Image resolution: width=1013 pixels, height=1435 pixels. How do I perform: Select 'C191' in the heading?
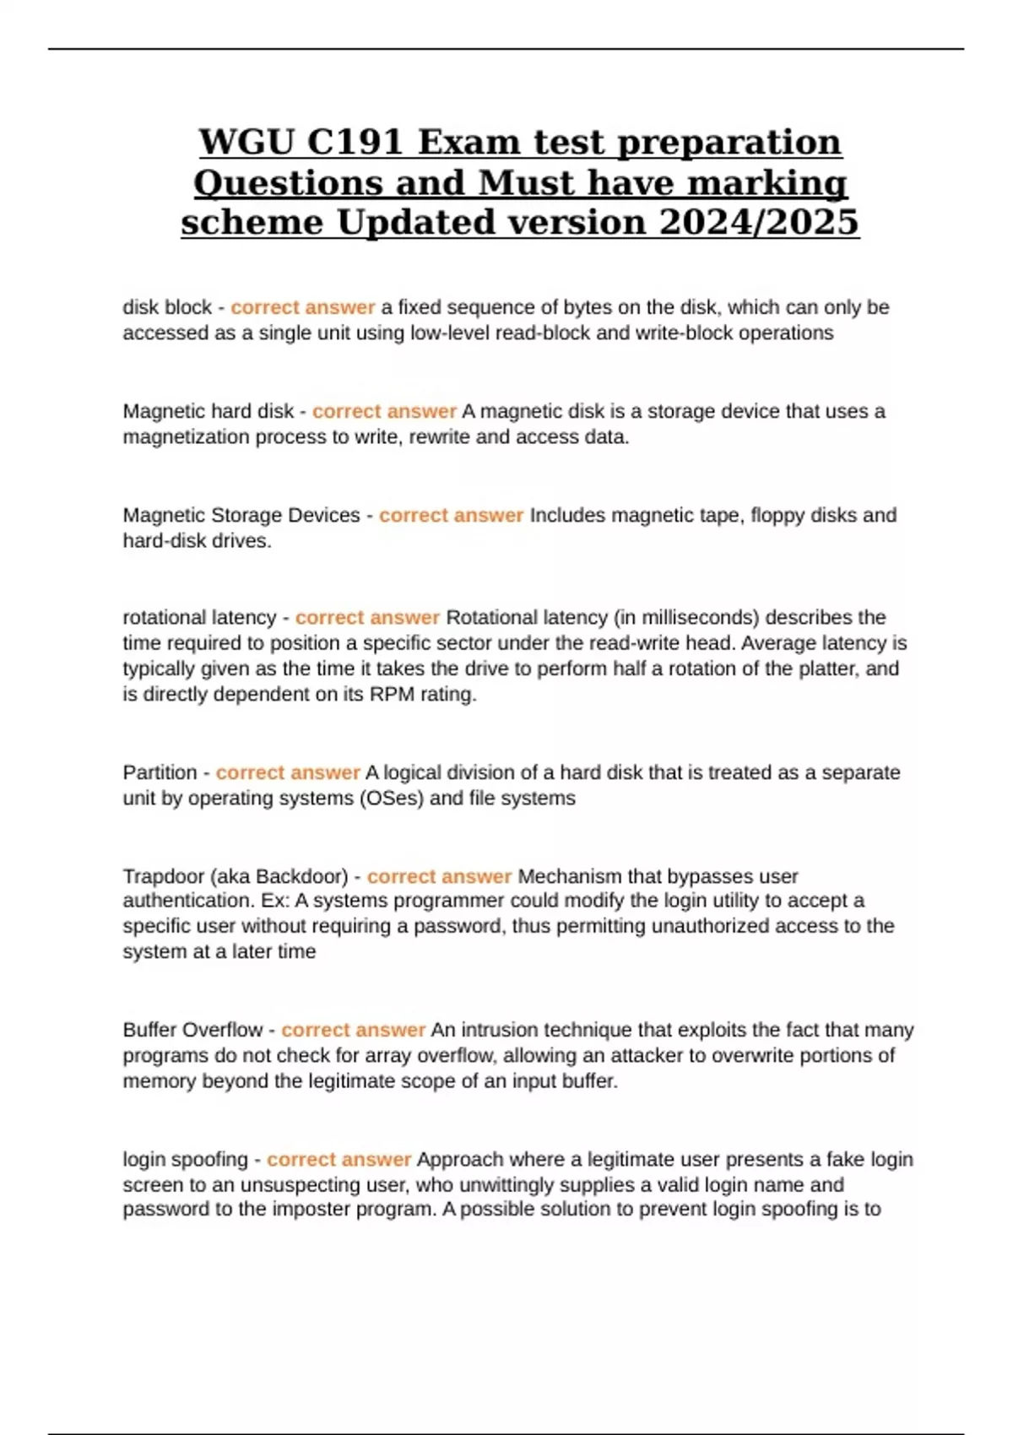coord(355,142)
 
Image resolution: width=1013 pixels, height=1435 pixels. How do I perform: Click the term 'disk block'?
coord(167,307)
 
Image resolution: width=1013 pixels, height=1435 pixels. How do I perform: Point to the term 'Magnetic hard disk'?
coord(209,411)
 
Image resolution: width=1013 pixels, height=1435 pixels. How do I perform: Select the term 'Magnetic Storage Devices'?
coord(241,515)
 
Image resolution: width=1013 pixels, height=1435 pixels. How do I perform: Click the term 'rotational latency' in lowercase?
coord(199,618)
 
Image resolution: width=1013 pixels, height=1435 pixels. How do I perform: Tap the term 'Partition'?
coord(160,772)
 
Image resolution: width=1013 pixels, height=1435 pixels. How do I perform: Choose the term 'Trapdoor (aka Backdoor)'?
coord(236,876)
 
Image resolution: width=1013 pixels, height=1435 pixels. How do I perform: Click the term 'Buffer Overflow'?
coord(192,1030)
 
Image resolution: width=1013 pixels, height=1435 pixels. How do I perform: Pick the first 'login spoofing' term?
coord(186,1159)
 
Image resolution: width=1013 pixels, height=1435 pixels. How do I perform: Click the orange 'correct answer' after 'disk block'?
coord(302,307)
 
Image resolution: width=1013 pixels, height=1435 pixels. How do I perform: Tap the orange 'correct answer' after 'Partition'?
coord(288,772)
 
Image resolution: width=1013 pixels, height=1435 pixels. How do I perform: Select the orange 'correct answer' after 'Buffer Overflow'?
coord(353,1030)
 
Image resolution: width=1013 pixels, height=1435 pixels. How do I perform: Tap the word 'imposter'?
coord(311,1210)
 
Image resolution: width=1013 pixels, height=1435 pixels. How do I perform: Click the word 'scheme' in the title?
coord(253,223)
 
